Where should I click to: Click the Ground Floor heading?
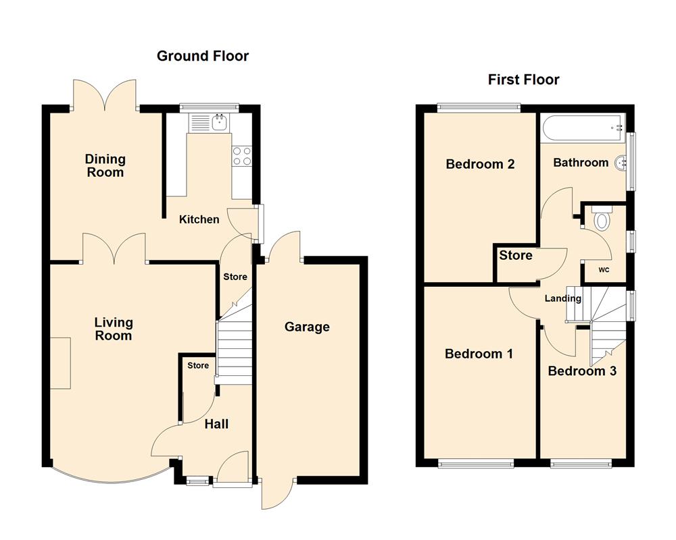(x=203, y=56)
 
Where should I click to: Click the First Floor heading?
(x=523, y=80)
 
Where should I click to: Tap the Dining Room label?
(x=105, y=165)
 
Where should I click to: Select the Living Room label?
(x=113, y=329)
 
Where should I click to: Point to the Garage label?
(x=307, y=327)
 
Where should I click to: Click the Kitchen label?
(x=199, y=219)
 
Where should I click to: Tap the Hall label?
(x=216, y=424)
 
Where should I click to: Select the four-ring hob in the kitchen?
(x=242, y=157)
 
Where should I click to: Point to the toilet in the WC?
(x=601, y=219)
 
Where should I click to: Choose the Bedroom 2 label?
(x=480, y=164)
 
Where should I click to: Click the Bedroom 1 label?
(x=479, y=354)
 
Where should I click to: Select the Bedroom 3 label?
(x=582, y=371)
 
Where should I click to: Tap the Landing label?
(x=564, y=298)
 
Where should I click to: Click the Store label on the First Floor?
(x=516, y=255)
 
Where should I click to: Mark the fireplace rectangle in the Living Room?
(x=59, y=363)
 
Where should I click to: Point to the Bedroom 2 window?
(x=479, y=105)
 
